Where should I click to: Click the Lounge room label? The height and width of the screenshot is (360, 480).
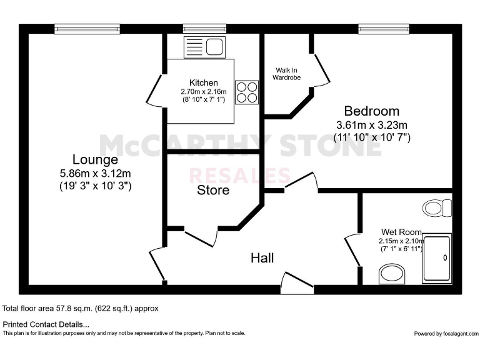tap(94, 159)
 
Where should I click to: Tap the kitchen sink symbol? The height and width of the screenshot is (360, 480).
tap(204, 47)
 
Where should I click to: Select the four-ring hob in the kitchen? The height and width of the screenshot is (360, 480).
tap(246, 92)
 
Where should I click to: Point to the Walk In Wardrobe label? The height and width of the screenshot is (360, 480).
tap(286, 74)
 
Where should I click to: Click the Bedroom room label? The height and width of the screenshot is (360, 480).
tap(371, 112)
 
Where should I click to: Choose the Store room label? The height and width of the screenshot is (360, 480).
tap(213, 190)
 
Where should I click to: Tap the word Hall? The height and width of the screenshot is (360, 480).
tap(262, 257)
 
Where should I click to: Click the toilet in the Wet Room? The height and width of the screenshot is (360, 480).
tap(437, 207)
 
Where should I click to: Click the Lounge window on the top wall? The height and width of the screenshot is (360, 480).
tap(86, 28)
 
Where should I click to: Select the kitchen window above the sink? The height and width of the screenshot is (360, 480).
tap(204, 28)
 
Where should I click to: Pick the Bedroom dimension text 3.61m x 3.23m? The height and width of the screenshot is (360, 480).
tap(371, 124)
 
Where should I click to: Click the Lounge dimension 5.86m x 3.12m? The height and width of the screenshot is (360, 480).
tap(94, 173)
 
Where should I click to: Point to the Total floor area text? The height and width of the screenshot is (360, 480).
tap(81, 308)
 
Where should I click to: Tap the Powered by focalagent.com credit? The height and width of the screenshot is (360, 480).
tap(445, 333)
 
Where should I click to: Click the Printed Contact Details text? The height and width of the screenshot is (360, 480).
tap(46, 324)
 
